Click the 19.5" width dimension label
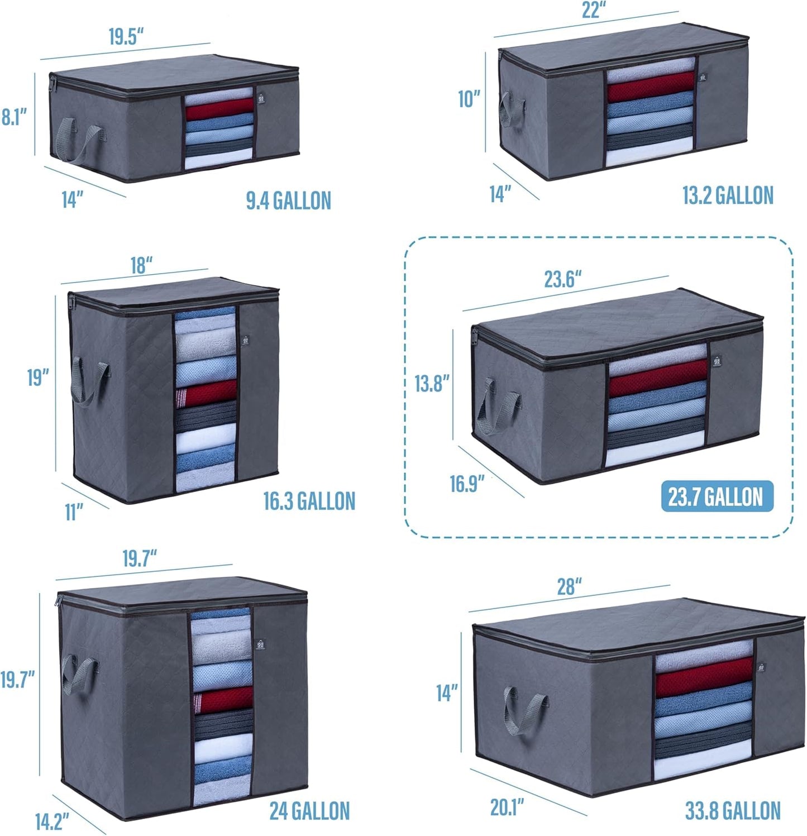126,36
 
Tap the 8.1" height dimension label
15,117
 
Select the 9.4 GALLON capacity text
289,200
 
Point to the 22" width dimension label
594,10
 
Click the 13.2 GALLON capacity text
728,195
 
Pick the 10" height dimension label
469,99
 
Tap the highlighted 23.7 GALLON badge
717,496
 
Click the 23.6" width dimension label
563,279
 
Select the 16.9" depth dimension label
467,484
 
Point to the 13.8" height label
432,384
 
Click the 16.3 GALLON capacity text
309,501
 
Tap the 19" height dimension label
39,378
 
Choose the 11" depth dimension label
74,512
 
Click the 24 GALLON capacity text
310,811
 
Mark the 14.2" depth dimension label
52,821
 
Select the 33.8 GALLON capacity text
733,811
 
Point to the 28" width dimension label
570,586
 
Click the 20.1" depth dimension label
507,808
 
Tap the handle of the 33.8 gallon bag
524,710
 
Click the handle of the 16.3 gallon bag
89,380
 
